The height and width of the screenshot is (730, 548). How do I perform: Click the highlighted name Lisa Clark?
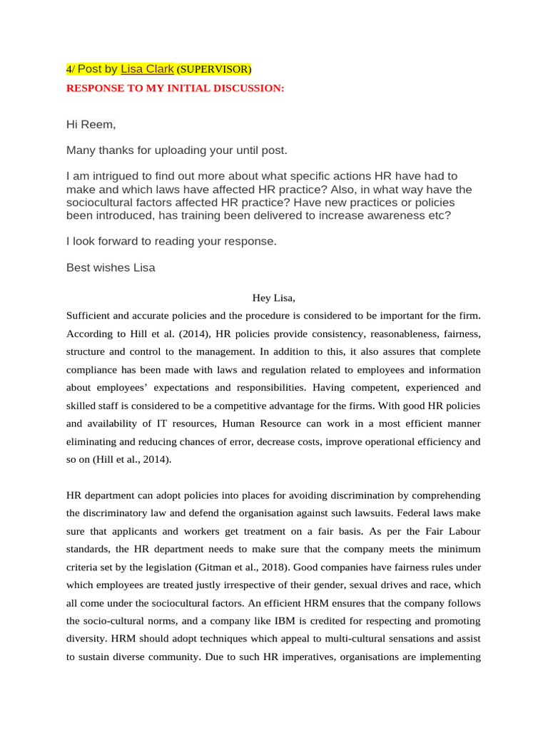click(147, 69)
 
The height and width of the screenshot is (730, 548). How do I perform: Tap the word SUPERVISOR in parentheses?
click(214, 70)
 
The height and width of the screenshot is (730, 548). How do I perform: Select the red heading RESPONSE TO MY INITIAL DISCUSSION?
click(175, 88)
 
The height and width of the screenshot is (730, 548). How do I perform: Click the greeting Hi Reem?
click(91, 125)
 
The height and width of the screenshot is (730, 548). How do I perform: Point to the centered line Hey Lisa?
click(273, 297)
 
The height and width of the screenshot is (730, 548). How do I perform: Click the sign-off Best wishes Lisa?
click(111, 268)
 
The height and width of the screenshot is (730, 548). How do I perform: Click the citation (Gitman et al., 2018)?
click(242, 567)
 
